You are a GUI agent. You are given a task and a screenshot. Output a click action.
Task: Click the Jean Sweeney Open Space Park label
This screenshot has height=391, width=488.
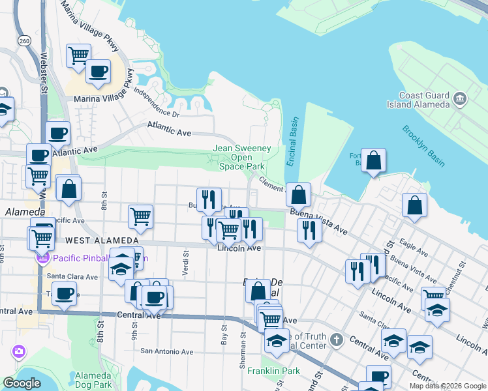241,157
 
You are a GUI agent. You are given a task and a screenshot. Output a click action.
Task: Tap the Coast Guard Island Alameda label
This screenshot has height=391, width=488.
424,100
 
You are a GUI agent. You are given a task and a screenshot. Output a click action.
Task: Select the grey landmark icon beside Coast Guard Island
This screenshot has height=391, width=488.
461,99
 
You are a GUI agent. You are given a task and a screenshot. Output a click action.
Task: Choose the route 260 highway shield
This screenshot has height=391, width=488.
25,41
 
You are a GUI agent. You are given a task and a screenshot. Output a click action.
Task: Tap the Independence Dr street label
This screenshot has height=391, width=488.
156,102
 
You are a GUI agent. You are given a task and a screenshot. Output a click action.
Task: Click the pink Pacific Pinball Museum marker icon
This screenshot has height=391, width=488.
42,258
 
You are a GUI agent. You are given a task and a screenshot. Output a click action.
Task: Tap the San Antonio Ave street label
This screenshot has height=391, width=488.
167,351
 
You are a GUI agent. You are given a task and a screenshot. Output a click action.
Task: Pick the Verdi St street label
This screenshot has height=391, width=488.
186,265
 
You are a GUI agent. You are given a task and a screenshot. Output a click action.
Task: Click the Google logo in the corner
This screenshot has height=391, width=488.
22,383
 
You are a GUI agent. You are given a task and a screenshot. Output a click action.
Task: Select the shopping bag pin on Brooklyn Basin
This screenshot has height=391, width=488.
373,160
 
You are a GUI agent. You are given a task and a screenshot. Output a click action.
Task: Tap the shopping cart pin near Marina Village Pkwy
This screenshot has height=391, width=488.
78,55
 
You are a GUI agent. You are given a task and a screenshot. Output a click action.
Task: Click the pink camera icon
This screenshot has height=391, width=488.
18,352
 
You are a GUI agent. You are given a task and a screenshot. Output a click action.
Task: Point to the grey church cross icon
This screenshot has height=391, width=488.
336,339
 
